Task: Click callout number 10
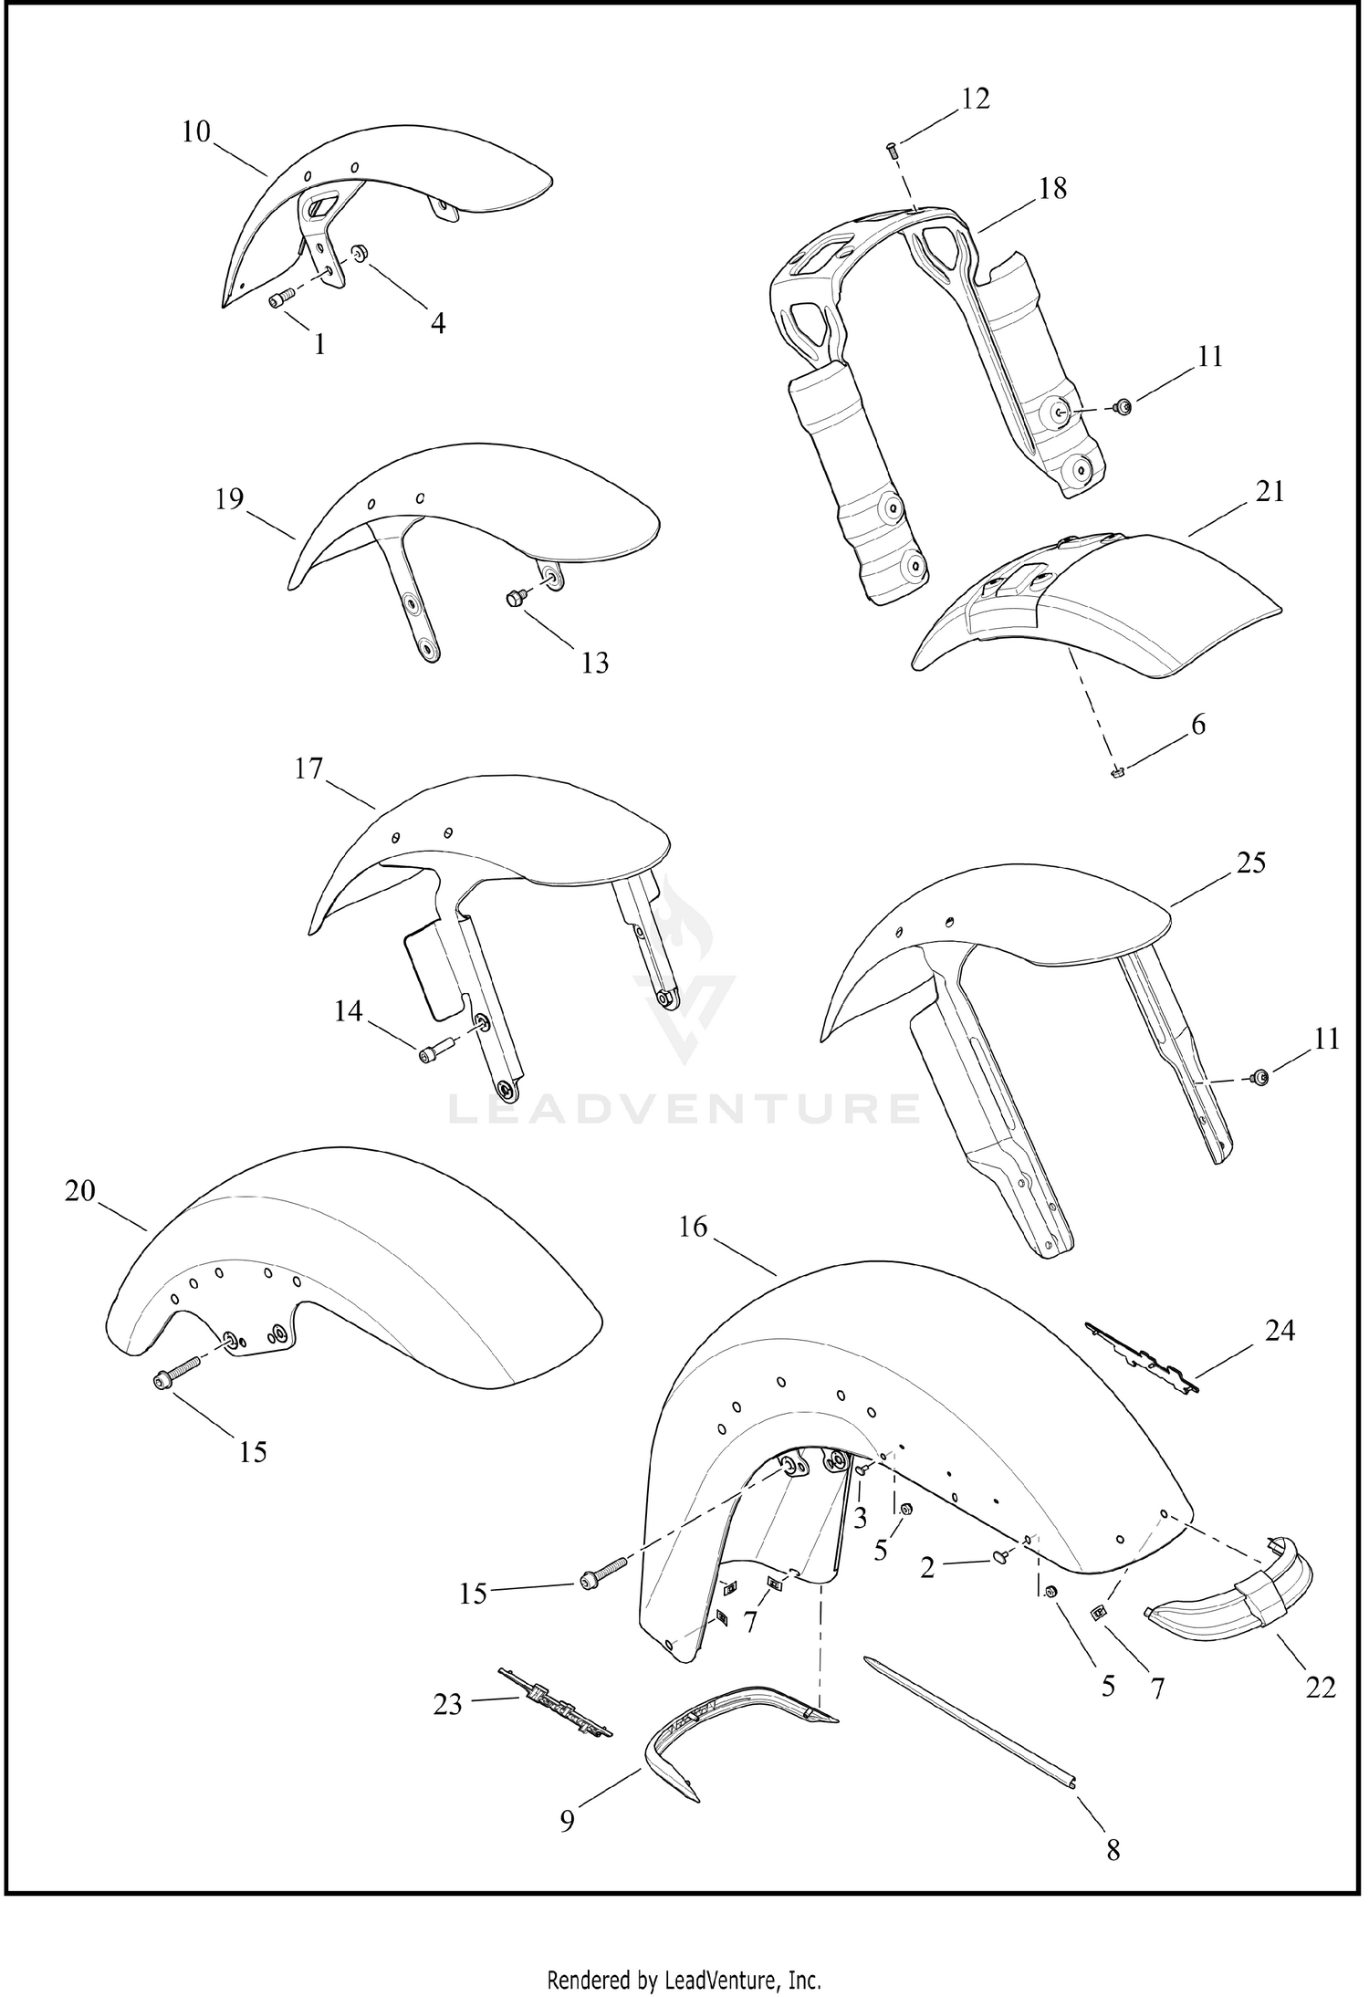click(x=196, y=131)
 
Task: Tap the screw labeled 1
click(x=281, y=297)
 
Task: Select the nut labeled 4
click(x=359, y=252)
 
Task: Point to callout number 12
click(x=975, y=98)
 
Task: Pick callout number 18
click(x=1051, y=188)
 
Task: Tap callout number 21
click(x=1270, y=491)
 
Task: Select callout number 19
click(x=230, y=498)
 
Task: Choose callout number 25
click(x=1250, y=862)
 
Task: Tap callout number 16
click(x=693, y=1227)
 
